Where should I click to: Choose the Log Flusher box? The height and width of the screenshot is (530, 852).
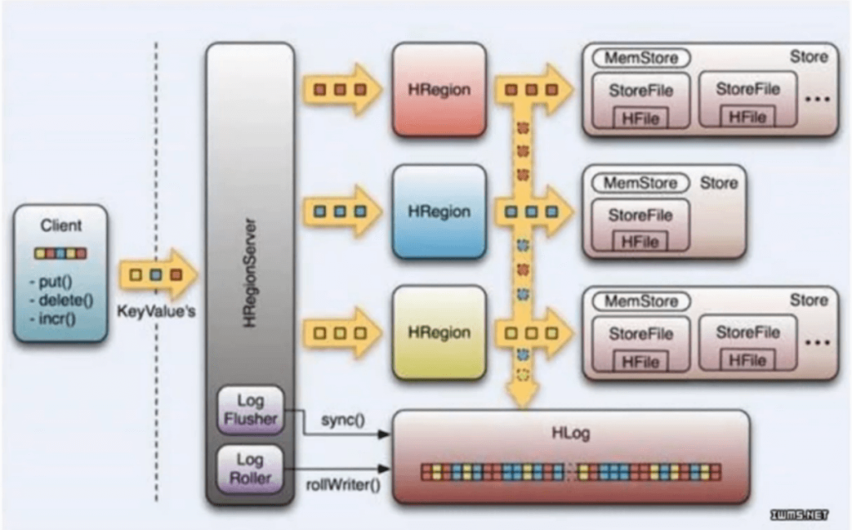[250, 410]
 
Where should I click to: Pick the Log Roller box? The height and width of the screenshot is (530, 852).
[250, 468]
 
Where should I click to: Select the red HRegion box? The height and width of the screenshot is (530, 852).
[438, 89]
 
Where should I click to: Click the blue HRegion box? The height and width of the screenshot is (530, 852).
[438, 211]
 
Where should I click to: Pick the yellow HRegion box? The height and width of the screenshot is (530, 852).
[438, 332]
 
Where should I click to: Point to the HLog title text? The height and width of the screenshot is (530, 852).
[570, 433]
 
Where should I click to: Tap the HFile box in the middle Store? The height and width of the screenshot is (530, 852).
[640, 240]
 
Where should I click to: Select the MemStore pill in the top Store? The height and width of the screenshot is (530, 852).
[641, 58]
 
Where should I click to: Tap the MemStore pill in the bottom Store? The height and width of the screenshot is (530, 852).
[641, 300]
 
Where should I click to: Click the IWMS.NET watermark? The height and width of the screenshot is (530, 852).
[800, 515]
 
